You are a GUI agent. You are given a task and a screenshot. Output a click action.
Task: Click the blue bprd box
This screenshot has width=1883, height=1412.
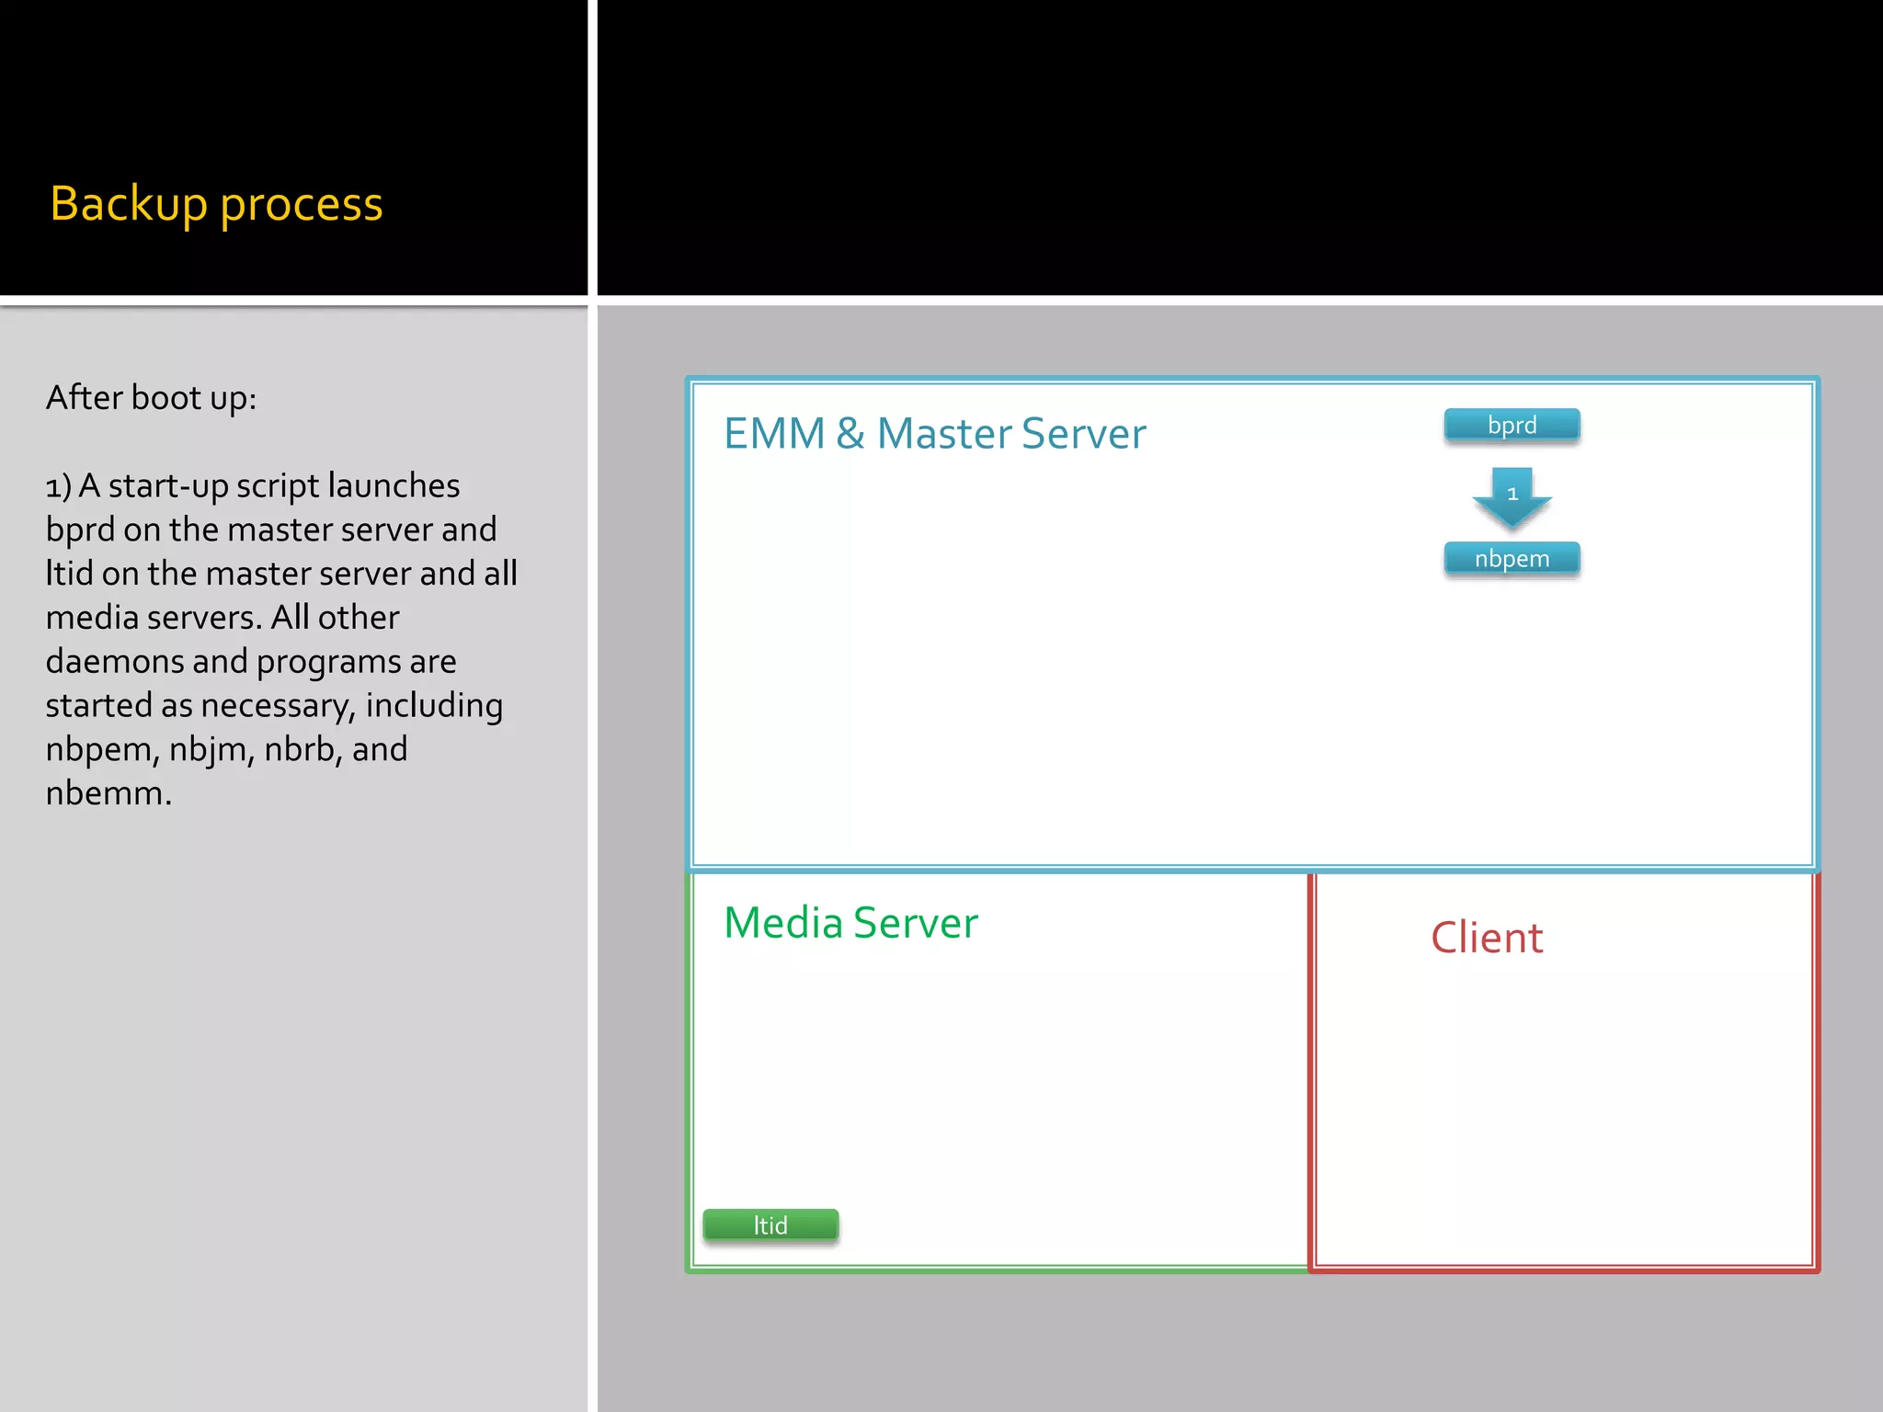[x=1512, y=426]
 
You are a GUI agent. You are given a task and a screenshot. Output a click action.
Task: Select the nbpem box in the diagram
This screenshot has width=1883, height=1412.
[x=1512, y=559]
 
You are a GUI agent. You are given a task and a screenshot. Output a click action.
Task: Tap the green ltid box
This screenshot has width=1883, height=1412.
[x=770, y=1225]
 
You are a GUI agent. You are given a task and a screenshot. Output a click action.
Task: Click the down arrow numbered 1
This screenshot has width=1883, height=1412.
[x=1512, y=496]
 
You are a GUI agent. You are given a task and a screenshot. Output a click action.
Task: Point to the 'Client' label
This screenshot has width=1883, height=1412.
[x=1487, y=938]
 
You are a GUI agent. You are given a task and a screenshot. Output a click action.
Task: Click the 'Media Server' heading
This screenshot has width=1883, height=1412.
[x=850, y=923]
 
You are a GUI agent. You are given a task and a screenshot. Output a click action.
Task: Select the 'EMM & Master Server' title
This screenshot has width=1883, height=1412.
[x=934, y=434]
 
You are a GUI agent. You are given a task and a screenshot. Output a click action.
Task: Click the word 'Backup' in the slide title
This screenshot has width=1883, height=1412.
[x=129, y=204]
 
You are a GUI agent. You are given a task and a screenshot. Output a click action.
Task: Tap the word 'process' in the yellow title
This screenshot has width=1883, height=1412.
[x=301, y=204]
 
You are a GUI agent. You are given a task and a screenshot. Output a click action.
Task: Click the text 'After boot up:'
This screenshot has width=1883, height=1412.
[x=151, y=398]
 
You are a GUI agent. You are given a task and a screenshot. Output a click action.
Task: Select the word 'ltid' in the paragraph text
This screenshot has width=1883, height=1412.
[x=69, y=574]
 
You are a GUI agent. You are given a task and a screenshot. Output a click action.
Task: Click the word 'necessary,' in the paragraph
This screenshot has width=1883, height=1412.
[x=278, y=706]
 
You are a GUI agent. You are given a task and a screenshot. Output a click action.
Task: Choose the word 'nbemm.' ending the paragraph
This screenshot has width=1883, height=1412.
[x=108, y=793]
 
